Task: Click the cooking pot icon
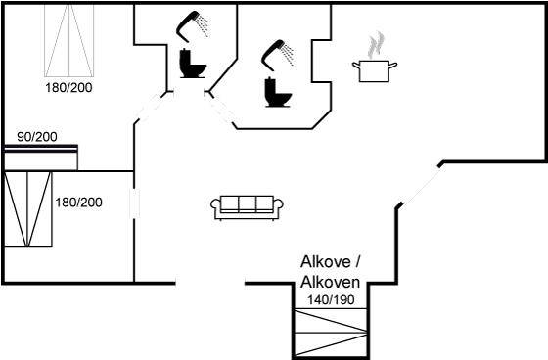[x=374, y=71]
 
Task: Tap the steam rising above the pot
[x=376, y=45]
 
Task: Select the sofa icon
[x=247, y=207]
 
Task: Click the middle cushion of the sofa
[x=247, y=203]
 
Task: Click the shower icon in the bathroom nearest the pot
[x=278, y=53]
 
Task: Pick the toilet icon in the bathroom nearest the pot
[x=278, y=92]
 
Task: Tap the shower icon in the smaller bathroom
[x=193, y=26]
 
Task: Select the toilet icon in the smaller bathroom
[x=193, y=64]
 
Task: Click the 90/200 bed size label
[x=37, y=137]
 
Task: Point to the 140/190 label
[x=331, y=299]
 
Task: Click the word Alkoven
[x=331, y=282]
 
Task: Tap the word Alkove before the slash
[x=326, y=262]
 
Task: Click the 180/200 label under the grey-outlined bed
[x=68, y=88]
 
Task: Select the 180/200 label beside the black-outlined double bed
[x=78, y=202]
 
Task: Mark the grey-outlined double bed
[x=69, y=40]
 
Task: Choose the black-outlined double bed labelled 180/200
[x=28, y=208]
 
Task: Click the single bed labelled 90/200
[x=41, y=157]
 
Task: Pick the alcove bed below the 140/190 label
[x=331, y=332]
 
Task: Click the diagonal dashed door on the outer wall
[x=422, y=185]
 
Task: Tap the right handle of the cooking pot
[x=393, y=66]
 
